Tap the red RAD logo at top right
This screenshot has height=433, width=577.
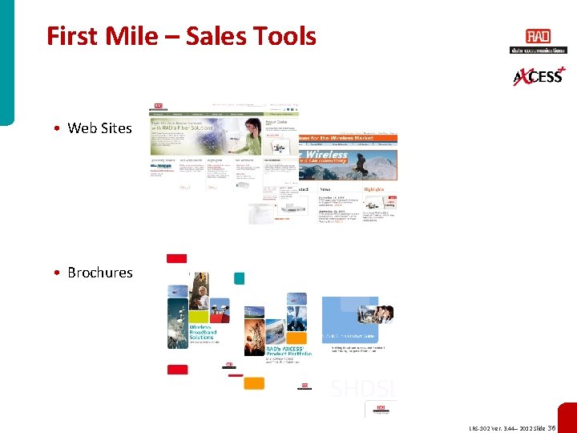(x=538, y=37)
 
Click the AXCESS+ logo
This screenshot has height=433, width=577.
(x=538, y=75)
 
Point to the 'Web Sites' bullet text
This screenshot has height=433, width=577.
(x=99, y=128)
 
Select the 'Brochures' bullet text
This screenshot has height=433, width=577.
(x=100, y=273)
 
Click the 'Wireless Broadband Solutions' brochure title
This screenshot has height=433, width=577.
(x=203, y=333)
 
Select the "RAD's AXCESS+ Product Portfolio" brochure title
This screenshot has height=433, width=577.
(x=285, y=352)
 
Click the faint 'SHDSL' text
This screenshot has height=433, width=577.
(x=363, y=388)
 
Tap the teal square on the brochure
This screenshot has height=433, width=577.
(x=239, y=278)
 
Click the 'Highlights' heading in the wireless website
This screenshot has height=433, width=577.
(x=374, y=189)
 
